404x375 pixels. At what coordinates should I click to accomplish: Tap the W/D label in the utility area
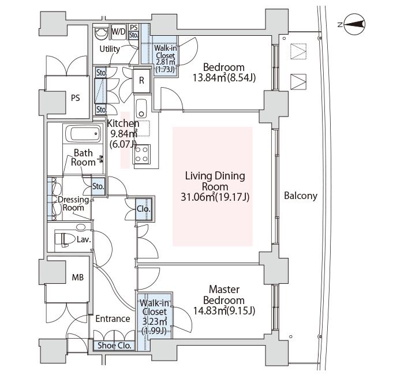click(x=119, y=31)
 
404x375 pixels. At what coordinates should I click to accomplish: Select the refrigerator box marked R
click(x=141, y=81)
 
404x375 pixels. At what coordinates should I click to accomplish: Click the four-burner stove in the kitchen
click(x=141, y=153)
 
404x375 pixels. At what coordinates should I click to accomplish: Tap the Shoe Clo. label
click(x=114, y=346)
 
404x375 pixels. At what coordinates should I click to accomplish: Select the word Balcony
click(x=301, y=196)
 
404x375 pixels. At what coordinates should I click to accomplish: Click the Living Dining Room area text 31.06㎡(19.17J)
click(x=215, y=198)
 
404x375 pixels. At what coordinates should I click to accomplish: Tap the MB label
click(x=77, y=277)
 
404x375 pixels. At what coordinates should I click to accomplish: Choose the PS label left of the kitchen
click(x=75, y=98)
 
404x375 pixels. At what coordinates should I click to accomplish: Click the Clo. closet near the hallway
click(x=143, y=209)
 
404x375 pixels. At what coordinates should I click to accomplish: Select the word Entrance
click(x=113, y=318)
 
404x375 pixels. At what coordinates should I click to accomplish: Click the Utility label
click(x=110, y=49)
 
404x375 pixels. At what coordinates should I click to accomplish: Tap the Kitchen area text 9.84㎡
click(x=122, y=134)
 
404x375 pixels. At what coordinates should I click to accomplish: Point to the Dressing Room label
click(x=73, y=203)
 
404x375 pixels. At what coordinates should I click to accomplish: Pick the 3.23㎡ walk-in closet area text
click(x=154, y=321)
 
